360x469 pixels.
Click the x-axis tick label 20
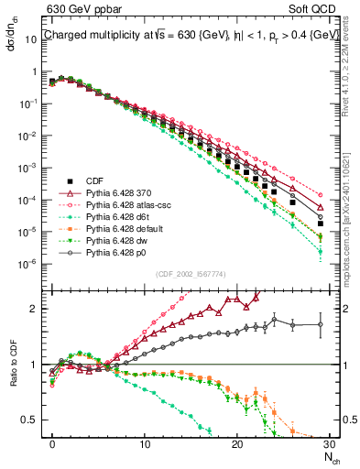tap(237, 443)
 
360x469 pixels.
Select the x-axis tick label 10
tap(145, 443)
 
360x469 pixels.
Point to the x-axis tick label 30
tap(329, 443)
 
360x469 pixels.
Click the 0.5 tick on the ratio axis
tap(32, 420)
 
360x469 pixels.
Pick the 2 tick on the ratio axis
tap(37, 309)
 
